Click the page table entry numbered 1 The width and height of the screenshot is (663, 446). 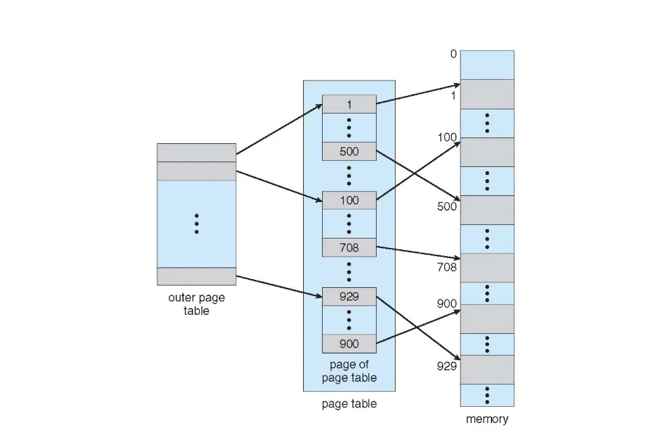(349, 104)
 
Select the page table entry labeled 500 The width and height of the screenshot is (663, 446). (349, 151)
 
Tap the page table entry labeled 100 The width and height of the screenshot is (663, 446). (349, 200)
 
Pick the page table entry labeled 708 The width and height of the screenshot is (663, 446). (349, 248)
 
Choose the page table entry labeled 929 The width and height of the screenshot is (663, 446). (349, 297)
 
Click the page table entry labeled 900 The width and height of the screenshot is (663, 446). (349, 344)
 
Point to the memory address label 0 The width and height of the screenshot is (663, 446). (453, 54)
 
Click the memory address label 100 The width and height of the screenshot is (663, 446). (446, 137)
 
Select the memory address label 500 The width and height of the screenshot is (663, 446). (446, 207)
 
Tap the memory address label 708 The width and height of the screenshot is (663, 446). (446, 267)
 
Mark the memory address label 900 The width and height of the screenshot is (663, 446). (446, 303)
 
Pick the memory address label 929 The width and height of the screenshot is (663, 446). (446, 367)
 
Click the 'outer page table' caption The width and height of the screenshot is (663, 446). (196, 304)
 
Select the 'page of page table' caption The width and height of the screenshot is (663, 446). (349, 371)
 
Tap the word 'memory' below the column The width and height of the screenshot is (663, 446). (487, 419)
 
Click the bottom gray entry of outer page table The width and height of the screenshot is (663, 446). (196, 276)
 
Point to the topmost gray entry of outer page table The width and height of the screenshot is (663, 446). (196, 152)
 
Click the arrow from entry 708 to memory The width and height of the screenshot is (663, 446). (419, 253)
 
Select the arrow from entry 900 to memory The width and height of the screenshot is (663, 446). (419, 327)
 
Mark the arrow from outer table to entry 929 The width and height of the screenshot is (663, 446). (279, 287)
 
